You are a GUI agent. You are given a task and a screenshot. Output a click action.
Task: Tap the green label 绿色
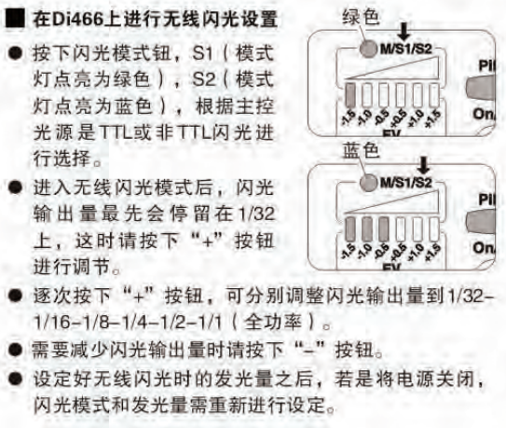361,17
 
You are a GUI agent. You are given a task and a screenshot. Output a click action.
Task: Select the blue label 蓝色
361,151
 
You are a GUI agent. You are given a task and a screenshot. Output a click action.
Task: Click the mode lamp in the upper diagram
368,49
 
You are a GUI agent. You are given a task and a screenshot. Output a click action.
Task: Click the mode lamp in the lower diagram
368,183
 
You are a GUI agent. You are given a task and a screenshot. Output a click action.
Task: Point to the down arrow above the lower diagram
423,165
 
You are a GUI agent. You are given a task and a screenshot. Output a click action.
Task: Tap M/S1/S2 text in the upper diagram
406,49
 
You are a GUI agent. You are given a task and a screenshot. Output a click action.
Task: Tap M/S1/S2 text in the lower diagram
406,183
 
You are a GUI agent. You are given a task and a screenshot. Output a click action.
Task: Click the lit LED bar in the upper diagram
349,94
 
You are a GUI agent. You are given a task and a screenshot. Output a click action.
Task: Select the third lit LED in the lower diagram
383,228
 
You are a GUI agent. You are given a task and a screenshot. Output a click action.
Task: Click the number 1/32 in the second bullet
255,214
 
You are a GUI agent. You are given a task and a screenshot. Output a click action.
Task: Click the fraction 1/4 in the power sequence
130,323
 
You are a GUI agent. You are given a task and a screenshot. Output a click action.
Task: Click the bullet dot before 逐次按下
15,296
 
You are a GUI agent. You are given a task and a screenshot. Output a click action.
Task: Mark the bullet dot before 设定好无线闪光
15,378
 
